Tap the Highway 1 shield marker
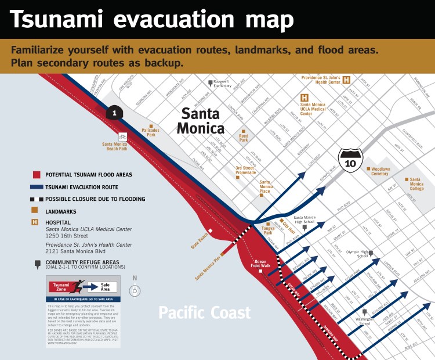115,113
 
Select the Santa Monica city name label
200,120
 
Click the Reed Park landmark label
244,138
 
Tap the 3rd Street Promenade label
245,170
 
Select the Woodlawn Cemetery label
380,171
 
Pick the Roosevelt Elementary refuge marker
211,84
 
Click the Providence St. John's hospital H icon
346,80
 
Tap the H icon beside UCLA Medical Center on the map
304,98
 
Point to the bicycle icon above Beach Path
122,137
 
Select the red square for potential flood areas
37,175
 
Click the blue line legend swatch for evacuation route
37,187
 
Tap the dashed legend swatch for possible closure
37,199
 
